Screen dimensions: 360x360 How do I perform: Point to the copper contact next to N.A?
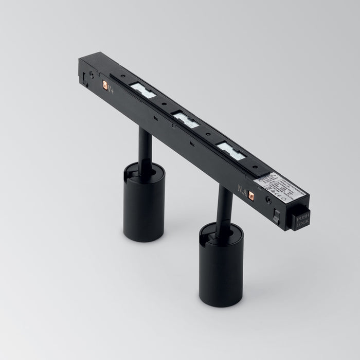[x=251, y=194]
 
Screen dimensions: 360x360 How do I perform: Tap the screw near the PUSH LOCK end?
[x=267, y=198]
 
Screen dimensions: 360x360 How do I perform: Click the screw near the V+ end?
[x=92, y=75]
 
